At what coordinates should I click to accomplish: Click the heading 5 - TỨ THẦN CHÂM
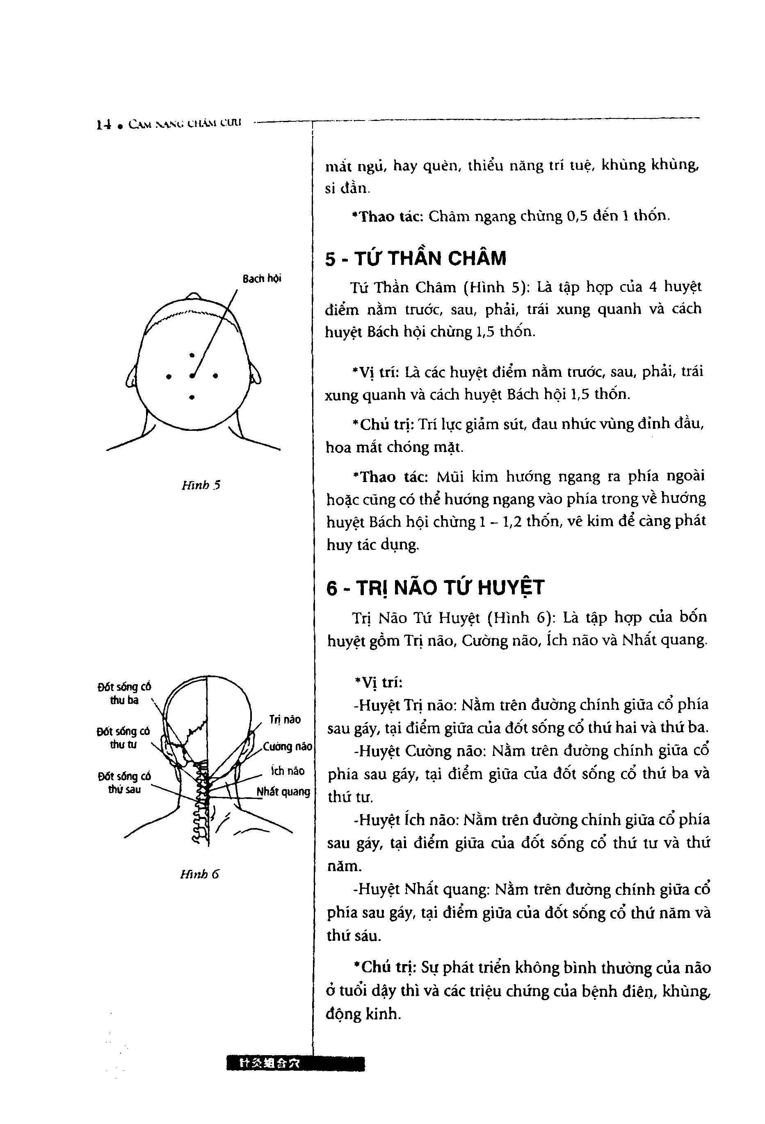415,259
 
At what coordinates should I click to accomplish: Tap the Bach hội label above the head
262,279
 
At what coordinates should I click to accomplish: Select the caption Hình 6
199,874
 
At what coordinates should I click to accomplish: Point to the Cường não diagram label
288,746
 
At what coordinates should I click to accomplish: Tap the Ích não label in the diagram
288,771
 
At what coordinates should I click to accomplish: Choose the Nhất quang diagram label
283,791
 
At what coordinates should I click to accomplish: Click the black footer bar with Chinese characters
295,1064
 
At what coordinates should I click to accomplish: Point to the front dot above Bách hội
192,355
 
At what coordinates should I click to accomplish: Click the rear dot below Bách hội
192,397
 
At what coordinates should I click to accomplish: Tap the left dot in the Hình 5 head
169,376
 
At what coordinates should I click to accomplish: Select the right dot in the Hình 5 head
215,375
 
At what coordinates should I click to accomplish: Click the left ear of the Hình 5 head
131,377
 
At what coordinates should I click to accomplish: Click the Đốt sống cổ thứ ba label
124,693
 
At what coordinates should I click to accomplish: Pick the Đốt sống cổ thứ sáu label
124,783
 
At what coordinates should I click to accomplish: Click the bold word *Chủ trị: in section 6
385,968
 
